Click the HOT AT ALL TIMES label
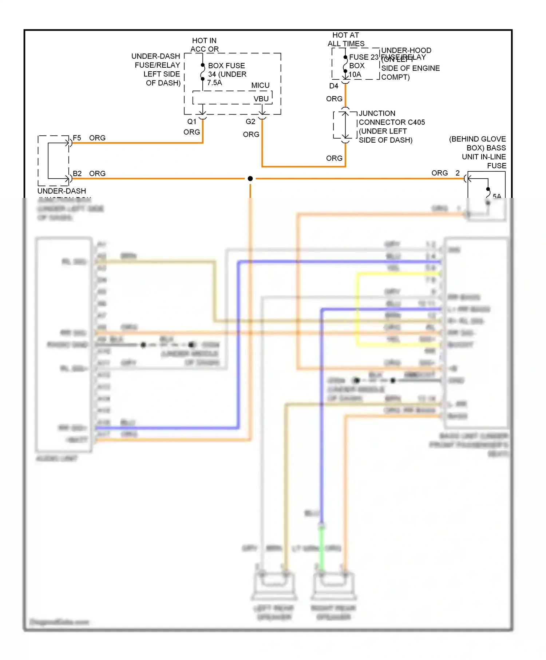click(x=345, y=39)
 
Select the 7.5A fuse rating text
click(x=214, y=83)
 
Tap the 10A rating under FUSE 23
click(x=355, y=75)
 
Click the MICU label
click(x=260, y=85)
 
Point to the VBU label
click(x=261, y=99)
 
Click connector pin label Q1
click(x=192, y=122)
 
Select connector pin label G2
click(x=250, y=122)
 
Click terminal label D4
click(x=333, y=86)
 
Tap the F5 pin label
click(x=77, y=138)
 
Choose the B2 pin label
click(x=77, y=174)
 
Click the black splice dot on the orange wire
click(x=250, y=179)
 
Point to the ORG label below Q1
click(x=191, y=132)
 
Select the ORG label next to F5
click(x=97, y=138)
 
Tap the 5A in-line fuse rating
click(x=496, y=196)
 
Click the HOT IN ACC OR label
click(x=204, y=45)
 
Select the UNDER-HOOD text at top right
click(x=406, y=50)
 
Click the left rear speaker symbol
click(x=274, y=584)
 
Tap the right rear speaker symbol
click(x=333, y=584)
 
